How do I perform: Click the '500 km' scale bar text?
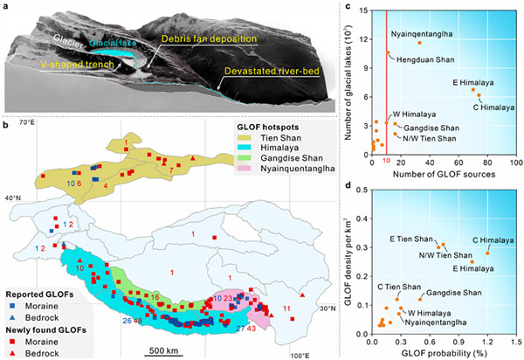[x=162, y=350]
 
